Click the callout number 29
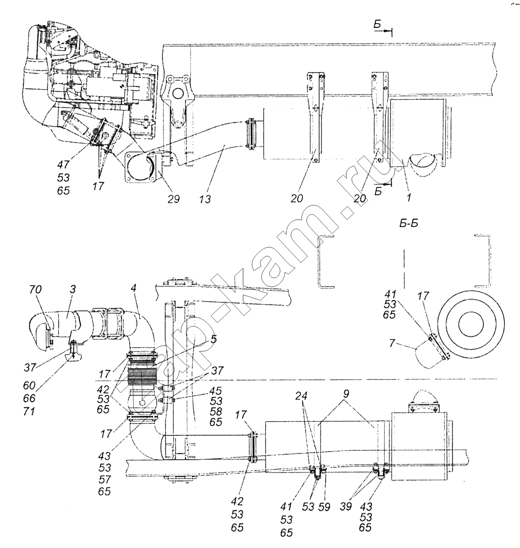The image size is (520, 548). click(x=174, y=199)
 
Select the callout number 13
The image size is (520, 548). click(x=205, y=199)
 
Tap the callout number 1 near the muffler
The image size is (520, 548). click(x=409, y=198)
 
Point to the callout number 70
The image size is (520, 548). click(x=36, y=290)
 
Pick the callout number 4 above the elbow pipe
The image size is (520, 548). click(x=133, y=289)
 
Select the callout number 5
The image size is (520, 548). click(x=213, y=339)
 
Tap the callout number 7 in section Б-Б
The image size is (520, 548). click(x=392, y=343)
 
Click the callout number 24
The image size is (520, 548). click(x=301, y=396)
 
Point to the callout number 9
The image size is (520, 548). click(x=346, y=394)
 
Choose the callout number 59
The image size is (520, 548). click(x=324, y=507)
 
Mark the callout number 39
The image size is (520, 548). click(x=345, y=506)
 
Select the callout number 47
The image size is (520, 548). click(x=64, y=165)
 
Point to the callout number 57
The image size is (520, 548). click(x=105, y=479)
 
